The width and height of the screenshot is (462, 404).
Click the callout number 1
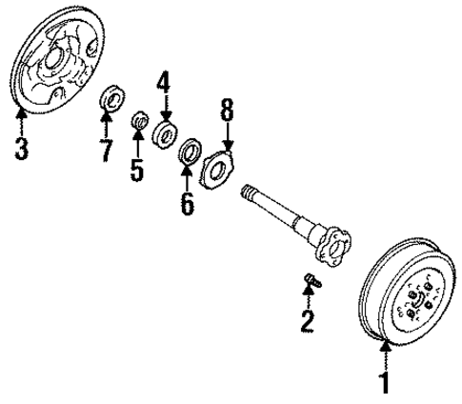pyautogui.click(x=385, y=383)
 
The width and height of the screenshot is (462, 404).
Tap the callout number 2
pyautogui.click(x=306, y=321)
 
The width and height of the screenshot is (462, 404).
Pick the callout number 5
pyautogui.click(x=137, y=172)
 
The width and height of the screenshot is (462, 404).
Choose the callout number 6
pyautogui.click(x=187, y=202)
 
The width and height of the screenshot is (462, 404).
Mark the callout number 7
pyautogui.click(x=108, y=149)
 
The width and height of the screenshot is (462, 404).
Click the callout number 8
pyautogui.click(x=227, y=110)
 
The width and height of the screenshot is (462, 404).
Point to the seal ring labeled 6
pyautogui.click(x=190, y=150)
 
